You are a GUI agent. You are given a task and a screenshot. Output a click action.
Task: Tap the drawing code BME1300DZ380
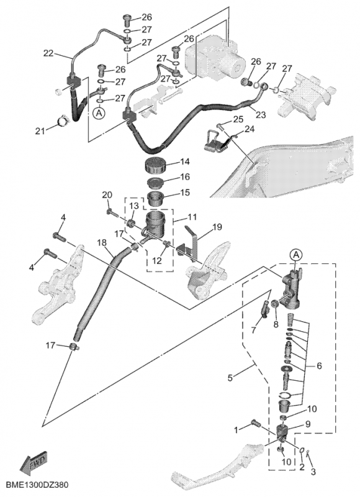point(37,485)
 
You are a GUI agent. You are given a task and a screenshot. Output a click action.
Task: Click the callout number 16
point(185,176)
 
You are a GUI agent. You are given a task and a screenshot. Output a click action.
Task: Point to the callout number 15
point(184,193)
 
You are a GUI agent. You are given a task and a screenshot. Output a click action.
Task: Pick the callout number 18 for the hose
point(102,243)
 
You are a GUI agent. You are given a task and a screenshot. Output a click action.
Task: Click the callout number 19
point(217,227)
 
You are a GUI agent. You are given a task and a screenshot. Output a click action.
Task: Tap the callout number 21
point(40,130)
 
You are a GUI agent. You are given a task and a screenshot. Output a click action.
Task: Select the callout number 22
point(49,53)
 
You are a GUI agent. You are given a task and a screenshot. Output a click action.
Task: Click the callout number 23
point(261,114)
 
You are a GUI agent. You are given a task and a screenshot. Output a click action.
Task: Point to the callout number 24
point(249,129)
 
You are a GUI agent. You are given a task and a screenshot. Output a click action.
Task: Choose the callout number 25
point(238,119)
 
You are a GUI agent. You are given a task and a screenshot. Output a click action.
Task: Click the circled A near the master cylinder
point(296,255)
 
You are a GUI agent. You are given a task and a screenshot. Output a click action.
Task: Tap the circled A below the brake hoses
point(99,112)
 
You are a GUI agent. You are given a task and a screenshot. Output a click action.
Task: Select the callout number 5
point(231,378)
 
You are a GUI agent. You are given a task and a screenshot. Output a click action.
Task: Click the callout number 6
point(319,366)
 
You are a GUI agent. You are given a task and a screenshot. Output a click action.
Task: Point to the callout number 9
point(307,424)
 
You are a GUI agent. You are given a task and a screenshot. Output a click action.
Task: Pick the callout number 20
point(107,195)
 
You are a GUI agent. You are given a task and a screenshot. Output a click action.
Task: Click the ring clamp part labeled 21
point(62,121)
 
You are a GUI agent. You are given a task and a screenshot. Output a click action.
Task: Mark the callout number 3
point(313,472)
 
